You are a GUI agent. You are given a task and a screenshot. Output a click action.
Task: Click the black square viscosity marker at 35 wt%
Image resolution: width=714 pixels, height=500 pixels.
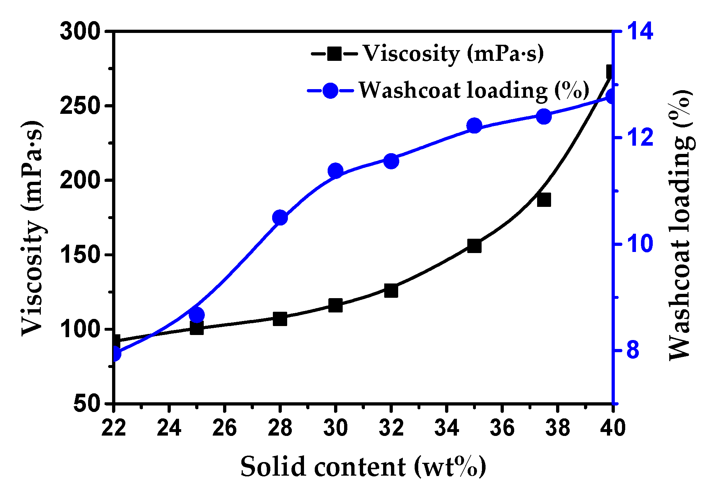(474, 246)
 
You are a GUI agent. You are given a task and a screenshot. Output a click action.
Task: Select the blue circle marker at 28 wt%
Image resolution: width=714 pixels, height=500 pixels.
(280, 218)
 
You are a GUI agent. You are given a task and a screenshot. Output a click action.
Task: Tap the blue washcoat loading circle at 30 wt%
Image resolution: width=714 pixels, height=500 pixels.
(336, 171)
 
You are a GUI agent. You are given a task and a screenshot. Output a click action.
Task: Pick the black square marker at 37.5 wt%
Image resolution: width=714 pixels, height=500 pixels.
(544, 200)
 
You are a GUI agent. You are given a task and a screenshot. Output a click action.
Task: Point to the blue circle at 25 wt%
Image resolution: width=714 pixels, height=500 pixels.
(197, 315)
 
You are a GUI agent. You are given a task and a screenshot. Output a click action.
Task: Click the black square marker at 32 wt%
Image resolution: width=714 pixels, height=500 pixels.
(391, 291)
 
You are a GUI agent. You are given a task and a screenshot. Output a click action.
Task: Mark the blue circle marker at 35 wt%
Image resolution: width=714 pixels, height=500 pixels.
(474, 126)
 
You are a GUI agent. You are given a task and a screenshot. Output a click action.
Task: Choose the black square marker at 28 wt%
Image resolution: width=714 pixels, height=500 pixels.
(280, 319)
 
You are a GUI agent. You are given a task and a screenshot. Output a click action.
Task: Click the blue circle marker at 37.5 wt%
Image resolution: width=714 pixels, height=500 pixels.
(544, 116)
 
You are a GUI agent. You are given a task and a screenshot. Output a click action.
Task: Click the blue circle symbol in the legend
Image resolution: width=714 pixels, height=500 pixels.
(330, 91)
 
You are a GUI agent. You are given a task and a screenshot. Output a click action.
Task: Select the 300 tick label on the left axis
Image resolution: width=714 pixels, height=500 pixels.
(79, 31)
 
